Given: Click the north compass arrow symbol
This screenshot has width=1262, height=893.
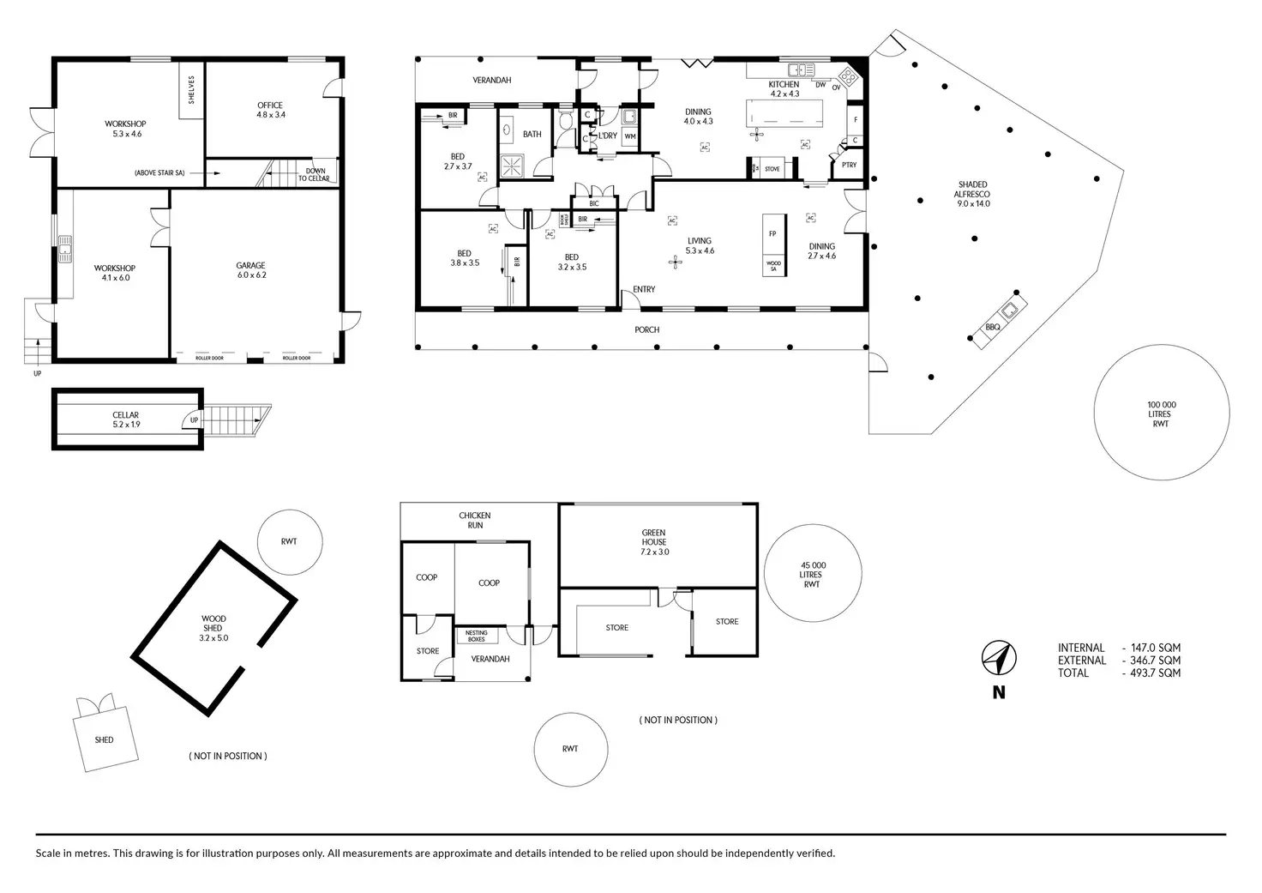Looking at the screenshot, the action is coord(999,658).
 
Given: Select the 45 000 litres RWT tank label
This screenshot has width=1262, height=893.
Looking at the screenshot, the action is coord(812,575).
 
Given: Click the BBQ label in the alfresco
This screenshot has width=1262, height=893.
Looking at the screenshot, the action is coord(993,327).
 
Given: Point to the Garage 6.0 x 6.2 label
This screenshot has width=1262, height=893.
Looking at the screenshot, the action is coord(251,271).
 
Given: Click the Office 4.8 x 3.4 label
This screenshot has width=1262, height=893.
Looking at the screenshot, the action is coord(270,110).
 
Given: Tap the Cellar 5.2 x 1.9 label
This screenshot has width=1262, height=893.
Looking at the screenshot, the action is coord(126,419).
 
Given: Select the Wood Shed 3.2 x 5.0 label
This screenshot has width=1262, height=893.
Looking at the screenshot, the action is coord(213,628).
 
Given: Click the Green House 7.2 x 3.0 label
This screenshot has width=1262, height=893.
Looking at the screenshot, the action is coord(654,542).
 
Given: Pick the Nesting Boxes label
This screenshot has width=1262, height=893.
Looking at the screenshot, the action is coord(477,636).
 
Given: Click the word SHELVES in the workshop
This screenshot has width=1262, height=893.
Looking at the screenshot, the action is coord(192,91).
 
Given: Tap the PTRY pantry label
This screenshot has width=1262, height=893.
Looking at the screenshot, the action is coord(849,165).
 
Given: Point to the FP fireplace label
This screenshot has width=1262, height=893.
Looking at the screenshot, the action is coord(772,233).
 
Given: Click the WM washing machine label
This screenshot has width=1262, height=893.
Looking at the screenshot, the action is coord(630,136).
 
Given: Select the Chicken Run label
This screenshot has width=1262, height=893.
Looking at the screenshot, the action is coord(475,520).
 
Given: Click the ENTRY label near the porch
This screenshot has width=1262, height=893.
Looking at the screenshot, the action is coord(644,289).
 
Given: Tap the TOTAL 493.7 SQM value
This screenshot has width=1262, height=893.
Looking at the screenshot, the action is coord(1151,673).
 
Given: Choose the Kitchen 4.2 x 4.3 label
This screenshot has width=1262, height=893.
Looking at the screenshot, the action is coord(784,89).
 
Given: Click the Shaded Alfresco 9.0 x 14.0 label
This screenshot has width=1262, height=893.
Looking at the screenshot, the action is coord(972,194).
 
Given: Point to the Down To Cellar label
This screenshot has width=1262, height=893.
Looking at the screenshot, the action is coord(315,174).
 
